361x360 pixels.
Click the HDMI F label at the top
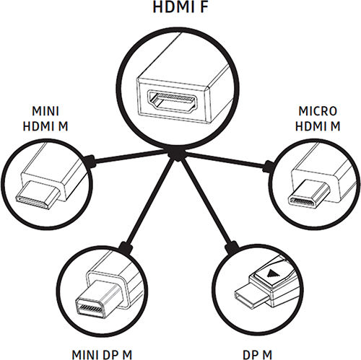click(180, 6)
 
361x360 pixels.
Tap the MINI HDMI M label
click(45, 119)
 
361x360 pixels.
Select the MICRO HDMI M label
click(318, 119)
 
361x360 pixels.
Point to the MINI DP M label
click(102, 355)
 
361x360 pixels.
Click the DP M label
click(257, 355)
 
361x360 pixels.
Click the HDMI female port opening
click(173, 102)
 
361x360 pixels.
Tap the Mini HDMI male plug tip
click(38, 195)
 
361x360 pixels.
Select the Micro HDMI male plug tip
click(309, 193)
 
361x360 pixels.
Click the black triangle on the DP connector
click(272, 273)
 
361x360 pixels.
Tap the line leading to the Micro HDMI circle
click(226, 159)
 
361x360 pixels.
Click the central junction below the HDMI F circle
click(177, 154)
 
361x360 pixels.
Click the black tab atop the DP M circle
click(232, 247)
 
